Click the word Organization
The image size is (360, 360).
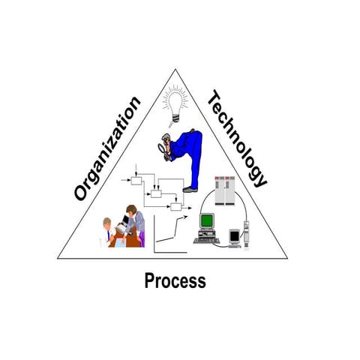[107, 148]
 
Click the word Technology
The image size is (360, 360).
[238, 139]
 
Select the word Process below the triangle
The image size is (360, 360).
[175, 280]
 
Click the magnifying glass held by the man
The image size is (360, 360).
[162, 148]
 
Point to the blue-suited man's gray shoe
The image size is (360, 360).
[190, 190]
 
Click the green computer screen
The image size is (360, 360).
[207, 220]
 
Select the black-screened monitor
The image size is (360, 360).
[235, 236]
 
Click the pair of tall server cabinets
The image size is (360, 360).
[225, 190]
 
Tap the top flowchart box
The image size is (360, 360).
[136, 181]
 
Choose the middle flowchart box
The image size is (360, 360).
[156, 193]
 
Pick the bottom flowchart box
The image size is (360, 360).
[176, 207]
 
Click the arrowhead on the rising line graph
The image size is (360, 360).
[185, 217]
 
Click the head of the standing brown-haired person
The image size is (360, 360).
[131, 210]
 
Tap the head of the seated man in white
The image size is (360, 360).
[107, 222]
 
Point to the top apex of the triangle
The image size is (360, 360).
[175, 69]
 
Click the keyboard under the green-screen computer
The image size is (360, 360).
[207, 241]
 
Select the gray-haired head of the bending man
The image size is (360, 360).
[166, 139]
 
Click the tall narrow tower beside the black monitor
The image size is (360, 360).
[247, 235]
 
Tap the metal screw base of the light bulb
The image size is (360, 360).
[175, 118]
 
